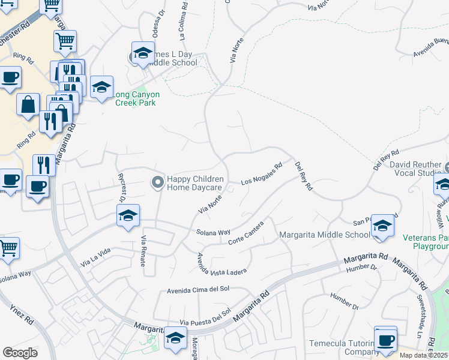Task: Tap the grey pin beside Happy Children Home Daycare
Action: pos(157,181)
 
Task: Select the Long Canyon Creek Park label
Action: pos(135,98)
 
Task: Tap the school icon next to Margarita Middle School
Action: pos(382,227)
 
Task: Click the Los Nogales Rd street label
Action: pos(261,175)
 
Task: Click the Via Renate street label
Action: pos(143,256)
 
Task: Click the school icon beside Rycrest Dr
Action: pos(128,217)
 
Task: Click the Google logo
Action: pos(20,352)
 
